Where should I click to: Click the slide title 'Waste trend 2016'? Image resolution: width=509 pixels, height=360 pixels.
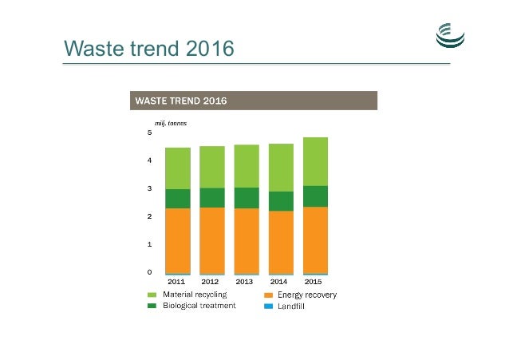149,49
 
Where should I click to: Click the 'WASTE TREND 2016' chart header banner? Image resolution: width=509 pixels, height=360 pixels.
253,101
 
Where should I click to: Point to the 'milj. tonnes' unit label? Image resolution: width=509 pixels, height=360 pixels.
171,123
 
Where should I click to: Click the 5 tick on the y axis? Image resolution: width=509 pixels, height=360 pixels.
149,133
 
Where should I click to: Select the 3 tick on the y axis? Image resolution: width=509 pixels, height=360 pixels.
149,189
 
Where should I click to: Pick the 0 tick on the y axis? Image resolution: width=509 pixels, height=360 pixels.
149,272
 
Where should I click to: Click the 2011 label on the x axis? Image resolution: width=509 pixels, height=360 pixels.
177,282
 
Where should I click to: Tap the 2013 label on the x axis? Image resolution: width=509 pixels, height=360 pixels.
246,282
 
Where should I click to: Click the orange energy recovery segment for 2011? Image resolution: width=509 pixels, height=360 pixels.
177,239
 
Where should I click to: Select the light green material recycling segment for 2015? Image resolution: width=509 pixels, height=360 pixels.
315,161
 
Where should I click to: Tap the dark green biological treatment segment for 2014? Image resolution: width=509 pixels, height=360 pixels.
281,201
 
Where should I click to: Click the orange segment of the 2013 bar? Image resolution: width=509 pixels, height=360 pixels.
246,239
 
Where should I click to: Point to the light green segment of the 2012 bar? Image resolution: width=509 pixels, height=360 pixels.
211,167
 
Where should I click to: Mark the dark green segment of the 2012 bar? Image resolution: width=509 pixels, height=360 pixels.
211,197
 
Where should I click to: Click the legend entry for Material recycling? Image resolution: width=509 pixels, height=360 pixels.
192,295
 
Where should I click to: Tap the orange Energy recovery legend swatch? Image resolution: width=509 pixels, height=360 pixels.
268,295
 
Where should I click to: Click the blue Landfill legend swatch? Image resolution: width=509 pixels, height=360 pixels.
268,306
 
